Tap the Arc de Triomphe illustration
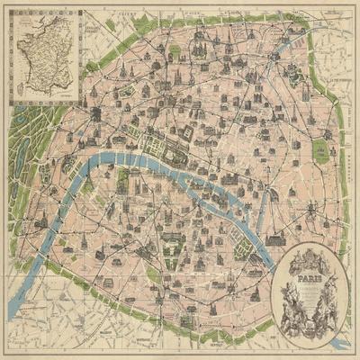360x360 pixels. point(94,116)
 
